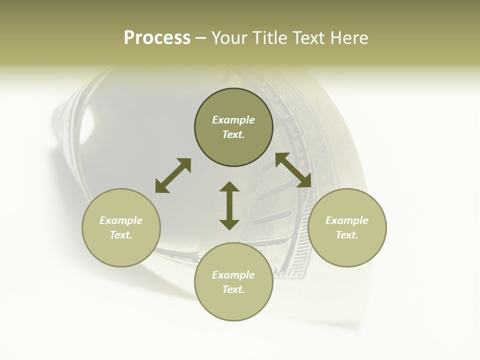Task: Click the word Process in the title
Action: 157,38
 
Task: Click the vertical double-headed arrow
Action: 229,205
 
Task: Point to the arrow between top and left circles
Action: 173,175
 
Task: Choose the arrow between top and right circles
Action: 293,170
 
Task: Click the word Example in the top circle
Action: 233,120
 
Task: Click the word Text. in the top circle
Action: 233,134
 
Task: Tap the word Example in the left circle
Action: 121,220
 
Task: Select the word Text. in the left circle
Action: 121,235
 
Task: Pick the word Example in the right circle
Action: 347,220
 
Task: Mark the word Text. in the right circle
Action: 347,235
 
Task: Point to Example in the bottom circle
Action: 233,275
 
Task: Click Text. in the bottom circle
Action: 233,289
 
